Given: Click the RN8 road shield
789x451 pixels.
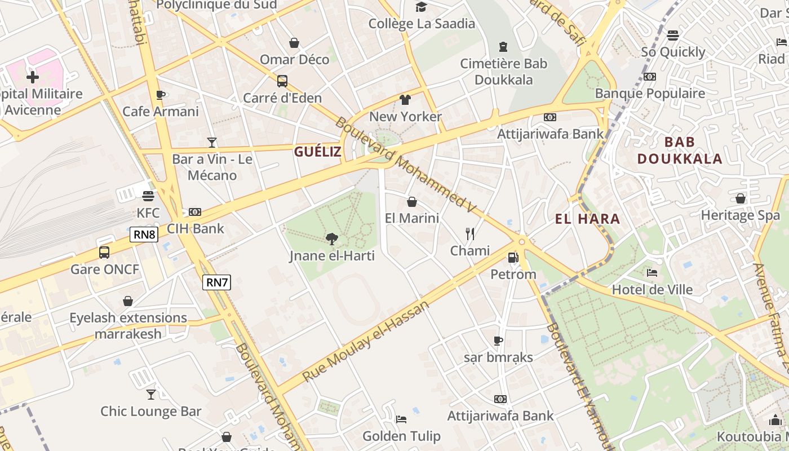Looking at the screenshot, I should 144,235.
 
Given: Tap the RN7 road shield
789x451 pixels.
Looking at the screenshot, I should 216,282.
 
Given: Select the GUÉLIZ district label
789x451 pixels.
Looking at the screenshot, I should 318,152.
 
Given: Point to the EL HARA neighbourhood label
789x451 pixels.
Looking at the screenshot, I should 587,219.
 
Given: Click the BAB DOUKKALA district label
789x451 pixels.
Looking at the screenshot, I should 680,150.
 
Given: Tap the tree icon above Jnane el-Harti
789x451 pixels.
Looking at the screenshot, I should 331,239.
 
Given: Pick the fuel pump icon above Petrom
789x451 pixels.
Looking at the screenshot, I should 513,258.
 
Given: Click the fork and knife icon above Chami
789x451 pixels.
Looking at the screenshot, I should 470,233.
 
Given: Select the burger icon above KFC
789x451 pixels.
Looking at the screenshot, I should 148,196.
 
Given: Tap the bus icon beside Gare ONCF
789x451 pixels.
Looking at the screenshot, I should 104,252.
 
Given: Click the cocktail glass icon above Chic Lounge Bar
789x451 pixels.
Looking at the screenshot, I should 150,394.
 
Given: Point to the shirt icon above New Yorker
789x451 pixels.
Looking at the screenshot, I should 405,100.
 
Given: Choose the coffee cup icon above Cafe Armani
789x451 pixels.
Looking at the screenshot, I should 161,95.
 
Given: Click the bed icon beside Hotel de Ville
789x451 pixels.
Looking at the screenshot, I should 652,273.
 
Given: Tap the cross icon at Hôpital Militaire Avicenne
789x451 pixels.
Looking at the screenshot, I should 33,76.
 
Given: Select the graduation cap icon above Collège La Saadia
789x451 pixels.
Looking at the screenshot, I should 422,7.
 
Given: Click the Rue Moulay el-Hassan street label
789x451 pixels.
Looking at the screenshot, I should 366,341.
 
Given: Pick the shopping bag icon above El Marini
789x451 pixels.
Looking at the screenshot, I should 412,201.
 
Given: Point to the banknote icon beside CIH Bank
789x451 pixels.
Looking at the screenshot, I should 195,212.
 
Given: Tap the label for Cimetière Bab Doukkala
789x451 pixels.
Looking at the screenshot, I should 503,72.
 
